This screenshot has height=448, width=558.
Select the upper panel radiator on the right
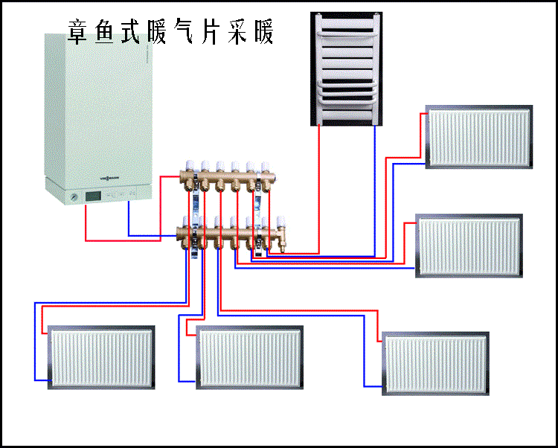click(479, 136)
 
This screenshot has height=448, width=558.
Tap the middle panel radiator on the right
click(469, 246)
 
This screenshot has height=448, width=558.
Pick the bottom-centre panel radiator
click(250, 357)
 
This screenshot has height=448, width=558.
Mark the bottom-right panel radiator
click(435, 362)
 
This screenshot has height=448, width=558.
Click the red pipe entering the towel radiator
click(319, 186)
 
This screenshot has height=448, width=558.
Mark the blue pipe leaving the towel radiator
click(375, 186)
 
